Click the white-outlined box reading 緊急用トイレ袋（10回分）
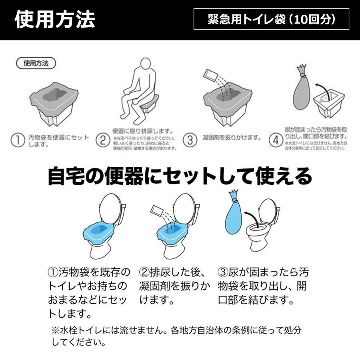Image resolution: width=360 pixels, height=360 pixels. point(271,19)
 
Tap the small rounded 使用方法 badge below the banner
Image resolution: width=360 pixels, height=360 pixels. point(36,64)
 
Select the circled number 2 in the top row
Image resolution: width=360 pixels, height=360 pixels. point(103,140)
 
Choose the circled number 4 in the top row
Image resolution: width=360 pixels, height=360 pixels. point(276,140)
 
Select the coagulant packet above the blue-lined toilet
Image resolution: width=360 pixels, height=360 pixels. point(157,212)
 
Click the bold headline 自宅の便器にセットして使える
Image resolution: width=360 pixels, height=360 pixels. point(180,176)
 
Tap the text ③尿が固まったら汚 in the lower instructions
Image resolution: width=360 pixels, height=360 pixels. point(263,272)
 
